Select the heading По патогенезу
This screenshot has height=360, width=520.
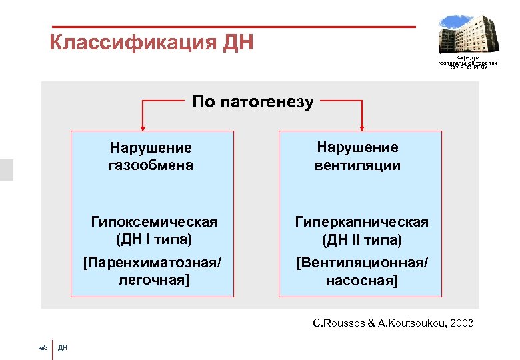(253, 102)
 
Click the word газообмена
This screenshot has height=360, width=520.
(151, 165)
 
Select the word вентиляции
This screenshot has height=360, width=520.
(357, 165)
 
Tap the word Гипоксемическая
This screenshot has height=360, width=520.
(154, 221)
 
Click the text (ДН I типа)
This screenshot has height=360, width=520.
(153, 239)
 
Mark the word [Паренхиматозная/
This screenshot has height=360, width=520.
(152, 262)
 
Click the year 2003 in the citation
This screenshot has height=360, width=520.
(462, 323)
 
